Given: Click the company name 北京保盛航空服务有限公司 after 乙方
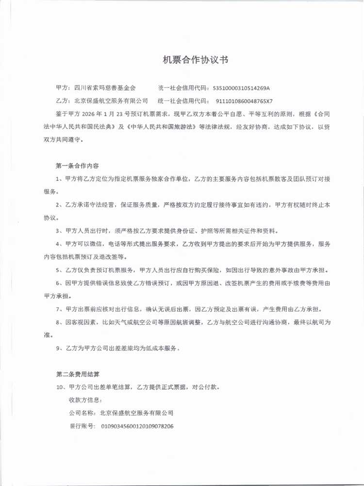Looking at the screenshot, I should [x=111, y=101].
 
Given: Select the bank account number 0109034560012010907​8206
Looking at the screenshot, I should [x=137, y=426].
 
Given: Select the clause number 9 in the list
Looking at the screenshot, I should [x=58, y=348].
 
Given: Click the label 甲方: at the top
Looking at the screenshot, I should [x=62, y=88].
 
